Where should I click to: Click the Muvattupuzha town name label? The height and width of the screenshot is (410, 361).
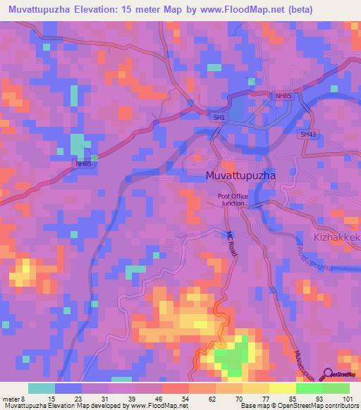240,174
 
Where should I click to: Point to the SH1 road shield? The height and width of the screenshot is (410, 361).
220,118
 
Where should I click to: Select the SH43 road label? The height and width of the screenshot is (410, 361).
307,134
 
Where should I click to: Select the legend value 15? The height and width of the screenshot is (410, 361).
51,399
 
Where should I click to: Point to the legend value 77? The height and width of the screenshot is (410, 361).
266,399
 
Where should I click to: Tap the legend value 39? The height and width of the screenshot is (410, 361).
132,399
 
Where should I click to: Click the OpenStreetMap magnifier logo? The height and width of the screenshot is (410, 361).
327,375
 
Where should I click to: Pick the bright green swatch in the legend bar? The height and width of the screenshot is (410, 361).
310,388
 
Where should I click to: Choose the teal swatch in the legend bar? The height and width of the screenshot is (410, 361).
42,388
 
